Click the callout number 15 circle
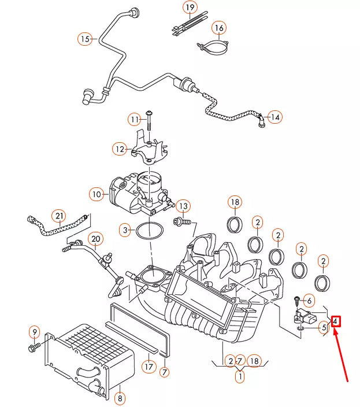tap(86, 39)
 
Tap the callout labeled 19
tap(191, 8)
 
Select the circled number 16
tap(218, 28)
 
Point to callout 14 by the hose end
tap(275, 117)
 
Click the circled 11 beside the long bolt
tap(135, 120)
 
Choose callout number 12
tap(120, 149)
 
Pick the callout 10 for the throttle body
tap(96, 194)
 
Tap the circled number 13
tap(183, 206)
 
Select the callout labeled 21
tap(58, 217)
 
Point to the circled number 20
tap(95, 239)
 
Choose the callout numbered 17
tap(149, 366)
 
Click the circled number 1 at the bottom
tap(239, 376)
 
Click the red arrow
tap(342, 358)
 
